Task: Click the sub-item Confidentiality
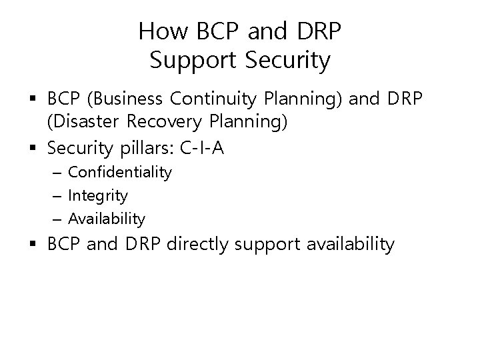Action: coord(120,173)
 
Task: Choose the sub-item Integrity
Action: coord(98,195)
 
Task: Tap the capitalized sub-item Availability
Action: coord(107,218)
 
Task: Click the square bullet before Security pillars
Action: coord(35,147)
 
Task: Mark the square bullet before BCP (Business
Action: coord(35,100)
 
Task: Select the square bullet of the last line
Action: coord(35,245)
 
